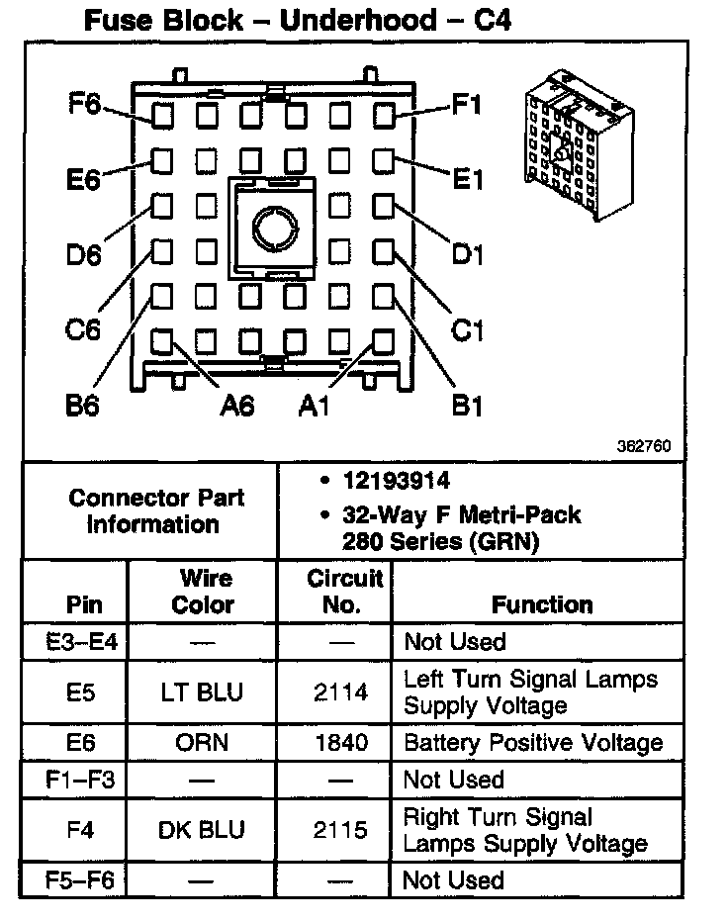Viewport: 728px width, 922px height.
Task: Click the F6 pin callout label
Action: point(86,103)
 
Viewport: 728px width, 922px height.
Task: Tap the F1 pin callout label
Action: point(467,103)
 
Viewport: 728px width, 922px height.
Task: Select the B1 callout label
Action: point(467,405)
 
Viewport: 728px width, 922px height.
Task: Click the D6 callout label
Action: point(84,254)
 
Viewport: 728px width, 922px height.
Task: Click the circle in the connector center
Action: point(271,228)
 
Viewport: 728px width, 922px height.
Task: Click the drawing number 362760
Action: point(644,446)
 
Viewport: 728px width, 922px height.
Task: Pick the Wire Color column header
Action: point(203,592)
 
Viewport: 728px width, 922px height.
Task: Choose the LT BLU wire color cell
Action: point(202,692)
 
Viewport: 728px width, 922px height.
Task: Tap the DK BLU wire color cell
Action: point(202,830)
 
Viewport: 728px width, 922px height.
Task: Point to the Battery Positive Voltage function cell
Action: point(532,743)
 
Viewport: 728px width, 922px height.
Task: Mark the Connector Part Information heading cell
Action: point(156,510)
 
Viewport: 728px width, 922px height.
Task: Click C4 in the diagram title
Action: point(489,21)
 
